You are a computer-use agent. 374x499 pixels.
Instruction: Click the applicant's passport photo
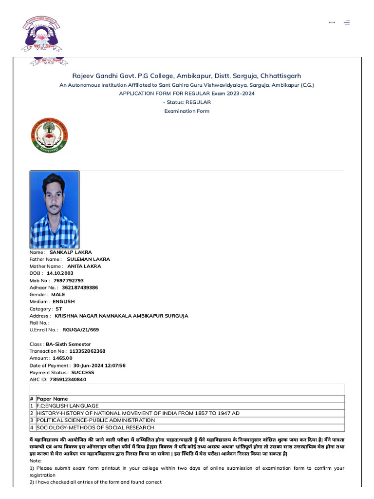(55, 209)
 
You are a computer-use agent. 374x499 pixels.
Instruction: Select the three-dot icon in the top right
(332, 22)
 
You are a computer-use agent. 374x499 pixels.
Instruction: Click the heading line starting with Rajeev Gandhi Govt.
(187, 76)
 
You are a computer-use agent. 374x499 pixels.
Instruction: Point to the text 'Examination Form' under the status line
(187, 111)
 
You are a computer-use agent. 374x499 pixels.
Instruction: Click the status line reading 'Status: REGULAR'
(187, 102)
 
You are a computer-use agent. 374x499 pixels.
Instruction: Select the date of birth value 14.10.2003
(60, 273)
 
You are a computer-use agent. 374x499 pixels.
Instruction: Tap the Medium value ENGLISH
(63, 302)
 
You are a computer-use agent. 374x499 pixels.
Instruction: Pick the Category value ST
(58, 309)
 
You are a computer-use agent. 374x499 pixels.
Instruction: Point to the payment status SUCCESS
(83, 372)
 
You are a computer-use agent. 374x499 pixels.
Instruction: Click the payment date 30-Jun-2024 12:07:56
(99, 365)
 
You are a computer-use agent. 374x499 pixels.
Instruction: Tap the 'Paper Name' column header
(52, 399)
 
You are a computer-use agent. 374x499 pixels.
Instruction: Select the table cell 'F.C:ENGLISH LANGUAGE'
(68, 406)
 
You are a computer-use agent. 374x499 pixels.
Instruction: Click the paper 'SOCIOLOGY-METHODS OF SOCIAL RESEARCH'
(95, 427)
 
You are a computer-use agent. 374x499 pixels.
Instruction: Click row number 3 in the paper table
(32, 420)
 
